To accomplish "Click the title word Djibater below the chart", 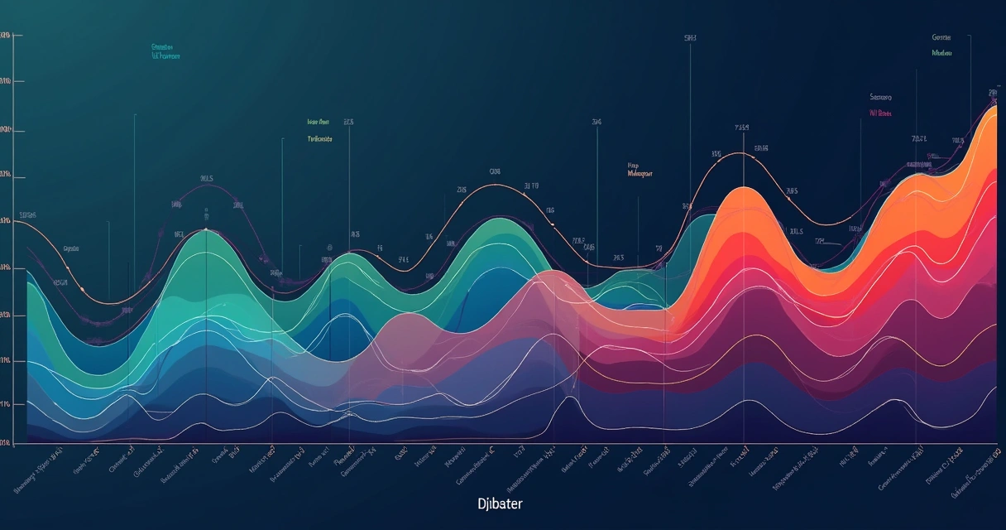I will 500,503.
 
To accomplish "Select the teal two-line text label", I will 165,52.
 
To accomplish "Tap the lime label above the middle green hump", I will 319,130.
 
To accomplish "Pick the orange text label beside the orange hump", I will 640,170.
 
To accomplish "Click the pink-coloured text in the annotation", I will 880,113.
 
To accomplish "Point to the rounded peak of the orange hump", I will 744,192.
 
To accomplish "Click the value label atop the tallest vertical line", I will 690,38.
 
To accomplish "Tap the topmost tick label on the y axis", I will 6,36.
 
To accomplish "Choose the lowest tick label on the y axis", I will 6,444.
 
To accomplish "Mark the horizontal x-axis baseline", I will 496,443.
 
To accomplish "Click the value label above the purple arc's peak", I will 206,178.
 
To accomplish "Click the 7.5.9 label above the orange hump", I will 741,128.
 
